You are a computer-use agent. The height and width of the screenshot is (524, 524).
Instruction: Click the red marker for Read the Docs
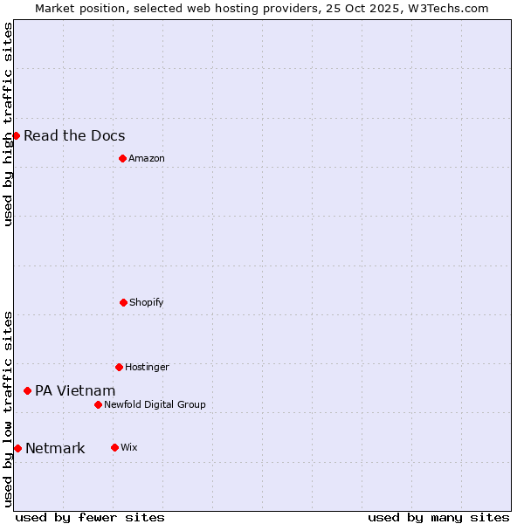coord(16,135)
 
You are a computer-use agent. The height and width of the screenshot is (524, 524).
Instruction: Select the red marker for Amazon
coord(122,158)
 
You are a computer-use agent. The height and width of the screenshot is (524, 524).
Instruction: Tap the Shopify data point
coord(123,302)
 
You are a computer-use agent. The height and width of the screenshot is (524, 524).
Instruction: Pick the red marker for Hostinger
coord(119,367)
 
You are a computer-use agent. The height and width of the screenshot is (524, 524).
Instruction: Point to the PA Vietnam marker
coord(27,390)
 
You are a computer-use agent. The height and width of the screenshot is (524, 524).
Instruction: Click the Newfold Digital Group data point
coord(98,404)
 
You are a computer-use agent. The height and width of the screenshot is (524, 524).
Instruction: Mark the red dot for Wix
coord(114,447)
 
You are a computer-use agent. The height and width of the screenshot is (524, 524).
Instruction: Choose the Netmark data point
coord(17,448)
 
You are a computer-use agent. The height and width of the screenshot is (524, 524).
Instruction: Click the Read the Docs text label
coord(74,135)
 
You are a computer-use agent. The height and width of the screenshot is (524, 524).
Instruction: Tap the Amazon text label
coord(147,158)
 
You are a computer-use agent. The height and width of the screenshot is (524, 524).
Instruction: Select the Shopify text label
coord(147,302)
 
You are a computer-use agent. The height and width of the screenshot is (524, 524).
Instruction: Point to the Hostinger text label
coord(147,367)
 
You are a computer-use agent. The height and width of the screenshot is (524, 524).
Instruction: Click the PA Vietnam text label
coord(75,390)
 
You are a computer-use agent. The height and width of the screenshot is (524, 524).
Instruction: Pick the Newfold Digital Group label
coord(155,404)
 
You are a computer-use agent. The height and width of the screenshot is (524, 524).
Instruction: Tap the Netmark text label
coord(55,449)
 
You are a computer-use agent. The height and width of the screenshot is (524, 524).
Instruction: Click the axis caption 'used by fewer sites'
coord(90,517)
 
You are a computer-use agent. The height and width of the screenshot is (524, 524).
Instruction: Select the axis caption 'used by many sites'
coord(438,517)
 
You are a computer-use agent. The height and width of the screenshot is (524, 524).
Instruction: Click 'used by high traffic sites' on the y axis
coord(8,124)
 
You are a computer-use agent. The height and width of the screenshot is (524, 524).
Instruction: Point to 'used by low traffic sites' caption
coord(8,409)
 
